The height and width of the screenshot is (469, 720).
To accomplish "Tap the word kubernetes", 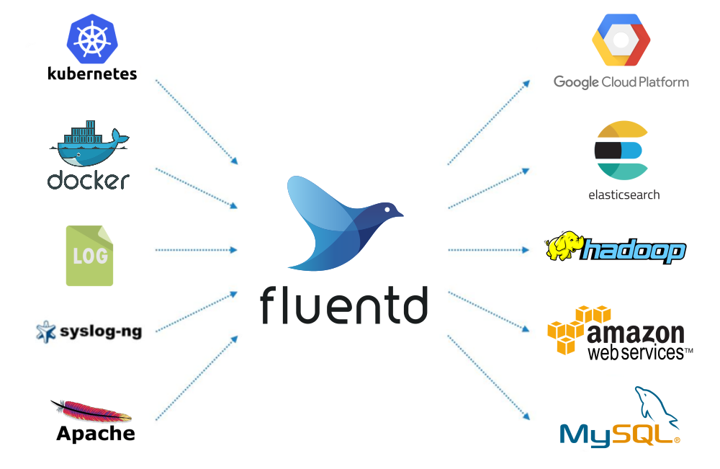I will (x=92, y=73).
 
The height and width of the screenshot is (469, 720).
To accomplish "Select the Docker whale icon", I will (x=89, y=145).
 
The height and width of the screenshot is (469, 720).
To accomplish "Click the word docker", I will (x=89, y=179).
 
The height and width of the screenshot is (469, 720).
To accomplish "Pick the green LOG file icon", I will (x=89, y=256).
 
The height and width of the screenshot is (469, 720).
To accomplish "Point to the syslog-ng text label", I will (x=100, y=331).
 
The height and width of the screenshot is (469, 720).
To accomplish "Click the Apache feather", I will (x=89, y=412).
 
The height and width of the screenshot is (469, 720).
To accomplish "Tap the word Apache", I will (x=96, y=434).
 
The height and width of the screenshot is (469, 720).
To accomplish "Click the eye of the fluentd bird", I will (x=389, y=209).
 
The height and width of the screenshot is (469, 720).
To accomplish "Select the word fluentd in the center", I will (x=344, y=304).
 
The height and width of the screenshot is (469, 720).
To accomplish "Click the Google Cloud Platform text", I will (x=621, y=82).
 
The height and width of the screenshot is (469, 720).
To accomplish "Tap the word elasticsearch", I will (x=624, y=195).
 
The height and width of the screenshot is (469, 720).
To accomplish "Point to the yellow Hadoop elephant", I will (x=563, y=247).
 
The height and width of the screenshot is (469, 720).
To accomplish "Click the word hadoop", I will (x=634, y=252).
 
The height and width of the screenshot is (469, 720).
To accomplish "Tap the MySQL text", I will (x=616, y=434).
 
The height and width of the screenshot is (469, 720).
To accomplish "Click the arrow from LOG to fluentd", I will (x=196, y=250).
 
